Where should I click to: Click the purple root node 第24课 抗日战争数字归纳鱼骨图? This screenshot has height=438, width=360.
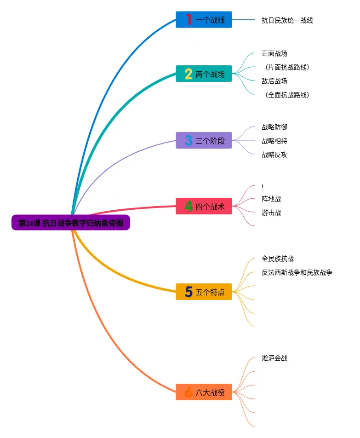(71, 223)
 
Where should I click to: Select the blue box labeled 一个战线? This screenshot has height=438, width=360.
(204, 20)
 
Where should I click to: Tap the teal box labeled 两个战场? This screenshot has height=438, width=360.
(204, 74)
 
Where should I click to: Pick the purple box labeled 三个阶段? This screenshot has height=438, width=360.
(204, 140)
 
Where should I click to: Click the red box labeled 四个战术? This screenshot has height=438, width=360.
(204, 207)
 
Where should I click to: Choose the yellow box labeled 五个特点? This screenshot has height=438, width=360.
(204, 292)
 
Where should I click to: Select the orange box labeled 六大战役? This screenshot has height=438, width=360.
(204, 392)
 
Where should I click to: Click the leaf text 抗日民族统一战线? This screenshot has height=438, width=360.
(287, 20)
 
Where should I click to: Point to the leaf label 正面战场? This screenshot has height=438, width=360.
(274, 53)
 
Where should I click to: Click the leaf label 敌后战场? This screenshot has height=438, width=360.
(274, 81)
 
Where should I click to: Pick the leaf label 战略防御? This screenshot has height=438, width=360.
(274, 127)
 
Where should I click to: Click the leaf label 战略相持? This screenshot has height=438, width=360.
(274, 141)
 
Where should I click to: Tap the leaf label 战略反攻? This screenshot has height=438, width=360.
(274, 155)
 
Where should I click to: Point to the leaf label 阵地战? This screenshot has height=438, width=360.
(271, 199)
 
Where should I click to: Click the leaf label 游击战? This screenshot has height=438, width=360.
(271, 213)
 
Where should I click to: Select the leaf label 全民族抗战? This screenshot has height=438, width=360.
(278, 259)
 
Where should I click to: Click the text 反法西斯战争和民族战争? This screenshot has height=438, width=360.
(297, 272)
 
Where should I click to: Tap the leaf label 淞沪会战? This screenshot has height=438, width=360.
(274, 358)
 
